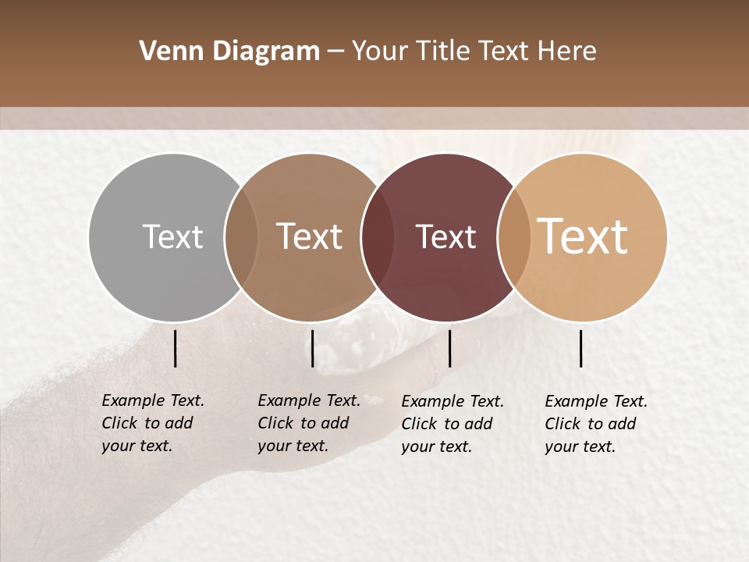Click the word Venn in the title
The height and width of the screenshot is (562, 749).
tap(167, 52)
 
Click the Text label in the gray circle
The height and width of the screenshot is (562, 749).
tap(172, 237)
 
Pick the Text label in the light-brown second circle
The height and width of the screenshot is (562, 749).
tap(310, 237)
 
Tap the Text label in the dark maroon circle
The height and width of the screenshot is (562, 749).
tap(445, 237)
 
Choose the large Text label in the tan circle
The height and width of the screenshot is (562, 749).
tap(583, 237)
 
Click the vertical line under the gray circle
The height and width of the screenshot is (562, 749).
tap(175, 348)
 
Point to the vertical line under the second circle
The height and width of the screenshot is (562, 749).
tap(312, 348)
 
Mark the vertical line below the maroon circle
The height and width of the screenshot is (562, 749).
tap(449, 348)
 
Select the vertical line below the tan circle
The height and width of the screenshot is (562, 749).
tap(580, 348)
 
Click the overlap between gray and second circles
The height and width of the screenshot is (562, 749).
tap(241, 237)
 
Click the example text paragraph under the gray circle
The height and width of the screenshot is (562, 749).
tap(152, 423)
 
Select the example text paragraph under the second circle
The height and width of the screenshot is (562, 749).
tap(308, 423)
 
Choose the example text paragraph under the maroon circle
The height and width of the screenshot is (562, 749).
tap(452, 424)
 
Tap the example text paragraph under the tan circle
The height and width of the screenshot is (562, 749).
tap(595, 424)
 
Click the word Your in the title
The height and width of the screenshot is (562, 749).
tap(378, 52)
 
